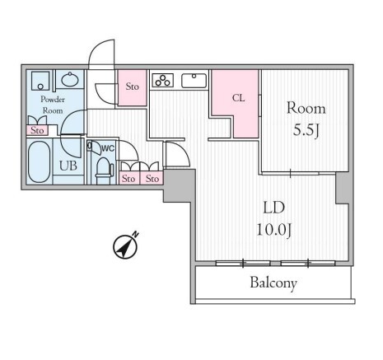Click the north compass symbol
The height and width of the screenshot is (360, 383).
(125, 246)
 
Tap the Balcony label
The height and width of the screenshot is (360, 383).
(273, 283)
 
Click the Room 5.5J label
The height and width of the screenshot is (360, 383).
(306, 119)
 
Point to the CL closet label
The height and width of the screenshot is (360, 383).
(238, 98)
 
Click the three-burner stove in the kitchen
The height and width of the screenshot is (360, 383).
(163, 80)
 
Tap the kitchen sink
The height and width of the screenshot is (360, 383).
(194, 81)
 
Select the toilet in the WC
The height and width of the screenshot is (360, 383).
(104, 171)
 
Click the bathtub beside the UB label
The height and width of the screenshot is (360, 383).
(39, 161)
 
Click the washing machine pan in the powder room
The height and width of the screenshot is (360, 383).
(40, 81)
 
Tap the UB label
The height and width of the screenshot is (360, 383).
(68, 166)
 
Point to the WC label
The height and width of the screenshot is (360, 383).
(108, 148)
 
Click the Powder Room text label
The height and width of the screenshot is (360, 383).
(53, 105)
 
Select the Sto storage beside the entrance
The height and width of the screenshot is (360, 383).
(132, 87)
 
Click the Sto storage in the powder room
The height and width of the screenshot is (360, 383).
(37, 130)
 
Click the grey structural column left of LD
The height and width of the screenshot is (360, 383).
(180, 185)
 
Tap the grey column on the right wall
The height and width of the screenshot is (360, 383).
(342, 189)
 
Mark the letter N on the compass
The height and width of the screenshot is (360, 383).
(136, 234)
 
